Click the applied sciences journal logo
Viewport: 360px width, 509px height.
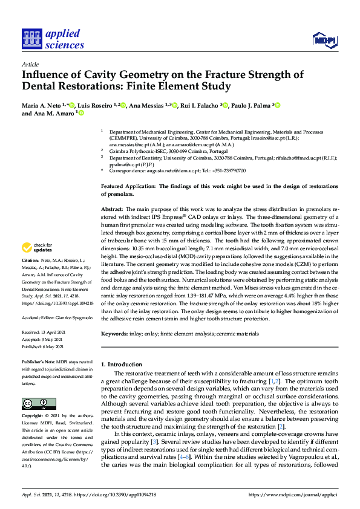tap(53, 38)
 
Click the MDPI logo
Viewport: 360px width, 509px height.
tap(324, 40)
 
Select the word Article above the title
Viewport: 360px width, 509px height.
tap(30, 64)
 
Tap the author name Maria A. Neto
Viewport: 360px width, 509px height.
tap(43, 105)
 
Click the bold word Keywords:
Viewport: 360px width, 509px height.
tap(115, 333)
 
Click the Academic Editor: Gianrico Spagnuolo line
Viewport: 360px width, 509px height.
tap(57, 317)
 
